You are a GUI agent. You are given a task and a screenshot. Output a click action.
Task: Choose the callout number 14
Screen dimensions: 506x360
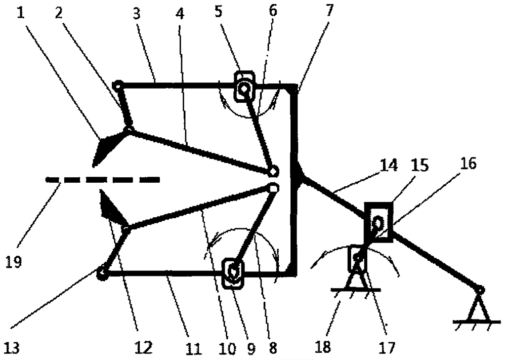pyautogui.click(x=389, y=165)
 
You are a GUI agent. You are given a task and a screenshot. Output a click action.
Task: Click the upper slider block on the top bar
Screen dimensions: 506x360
pyautogui.click(x=244, y=88)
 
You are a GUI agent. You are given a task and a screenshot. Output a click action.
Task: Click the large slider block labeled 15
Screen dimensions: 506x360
pyautogui.click(x=378, y=222)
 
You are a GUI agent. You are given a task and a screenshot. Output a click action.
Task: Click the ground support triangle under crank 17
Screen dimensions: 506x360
pyautogui.click(x=356, y=277)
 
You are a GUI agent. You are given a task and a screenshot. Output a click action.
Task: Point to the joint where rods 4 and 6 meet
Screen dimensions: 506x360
pyautogui.click(x=273, y=172)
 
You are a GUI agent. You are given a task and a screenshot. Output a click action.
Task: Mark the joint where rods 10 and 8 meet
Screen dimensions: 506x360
pyautogui.click(x=273, y=188)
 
